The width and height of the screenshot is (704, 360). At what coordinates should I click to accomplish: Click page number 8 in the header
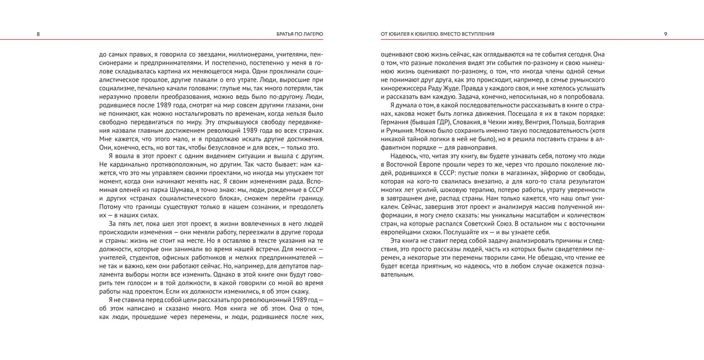click(x=38, y=34)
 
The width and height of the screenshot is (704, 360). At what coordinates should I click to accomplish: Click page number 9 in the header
click(x=665, y=34)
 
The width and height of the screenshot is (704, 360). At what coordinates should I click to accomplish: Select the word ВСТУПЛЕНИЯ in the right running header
click(x=477, y=34)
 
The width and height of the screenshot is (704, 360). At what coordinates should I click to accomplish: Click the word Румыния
click(x=400, y=131)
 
